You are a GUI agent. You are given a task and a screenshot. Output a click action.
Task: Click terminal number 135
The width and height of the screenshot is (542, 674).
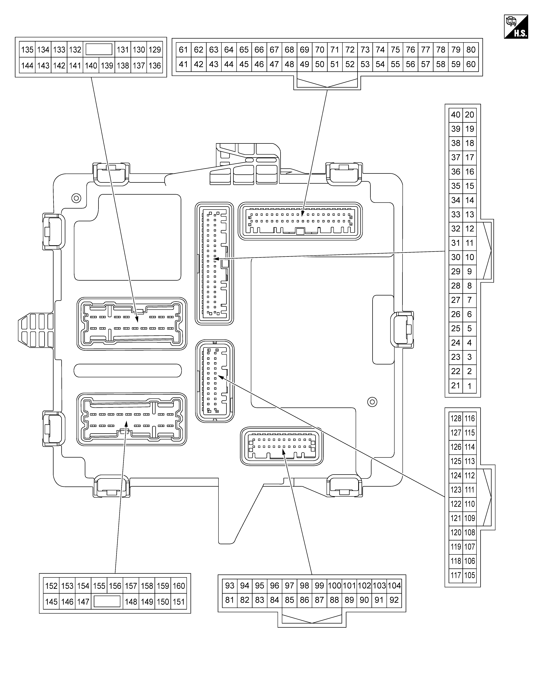point(27,50)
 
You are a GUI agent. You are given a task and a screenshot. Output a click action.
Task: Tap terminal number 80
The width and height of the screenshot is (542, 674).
point(471,50)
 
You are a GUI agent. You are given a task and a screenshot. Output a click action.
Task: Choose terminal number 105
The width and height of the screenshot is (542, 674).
point(470,575)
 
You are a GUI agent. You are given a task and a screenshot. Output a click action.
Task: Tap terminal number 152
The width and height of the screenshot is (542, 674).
point(51,586)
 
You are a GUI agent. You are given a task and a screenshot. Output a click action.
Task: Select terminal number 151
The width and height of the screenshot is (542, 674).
point(179,602)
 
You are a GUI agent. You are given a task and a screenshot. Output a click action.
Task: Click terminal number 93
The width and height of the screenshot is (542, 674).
point(230,585)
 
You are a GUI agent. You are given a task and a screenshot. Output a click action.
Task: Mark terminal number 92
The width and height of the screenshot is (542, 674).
point(394,600)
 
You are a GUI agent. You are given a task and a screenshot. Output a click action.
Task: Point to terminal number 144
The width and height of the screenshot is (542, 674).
point(27,66)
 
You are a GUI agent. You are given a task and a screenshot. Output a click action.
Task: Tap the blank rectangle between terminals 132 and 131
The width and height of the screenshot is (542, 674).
point(99,49)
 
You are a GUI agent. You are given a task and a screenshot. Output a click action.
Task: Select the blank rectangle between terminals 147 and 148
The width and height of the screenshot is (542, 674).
point(107,602)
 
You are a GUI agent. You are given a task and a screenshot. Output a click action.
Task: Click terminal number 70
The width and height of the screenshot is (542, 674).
point(320,50)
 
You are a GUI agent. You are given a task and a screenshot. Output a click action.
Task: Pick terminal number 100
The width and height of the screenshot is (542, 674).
point(334,585)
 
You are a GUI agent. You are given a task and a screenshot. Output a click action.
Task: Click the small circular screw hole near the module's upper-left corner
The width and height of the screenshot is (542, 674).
point(76,198)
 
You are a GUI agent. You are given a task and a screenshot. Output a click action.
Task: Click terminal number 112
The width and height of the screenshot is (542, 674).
point(470,475)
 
